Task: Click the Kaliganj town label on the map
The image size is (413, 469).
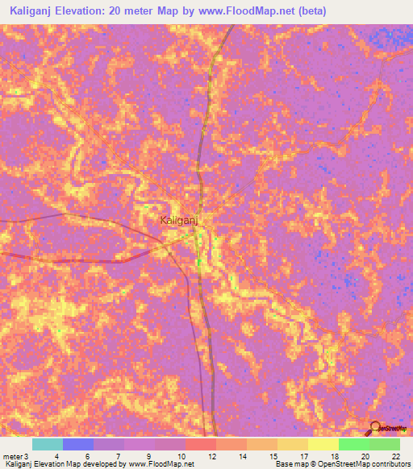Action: point(179,219)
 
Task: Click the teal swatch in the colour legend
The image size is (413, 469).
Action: point(48,444)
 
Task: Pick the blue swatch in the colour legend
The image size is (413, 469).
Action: point(78,444)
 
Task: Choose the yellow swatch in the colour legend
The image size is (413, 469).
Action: point(323,444)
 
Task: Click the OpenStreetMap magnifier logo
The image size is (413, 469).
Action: point(375,427)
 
